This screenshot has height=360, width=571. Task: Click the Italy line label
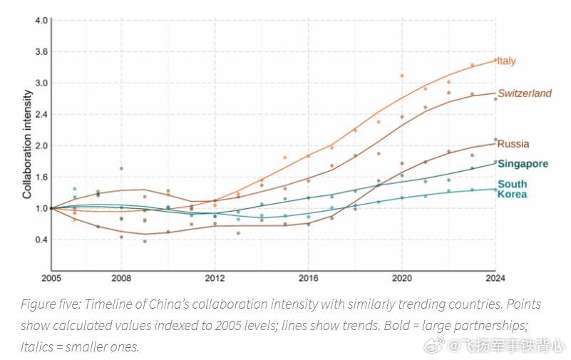tap(507, 61)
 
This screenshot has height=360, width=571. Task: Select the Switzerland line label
tap(525, 93)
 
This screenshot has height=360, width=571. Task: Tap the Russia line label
tap(513, 144)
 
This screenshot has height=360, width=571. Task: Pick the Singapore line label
tap(523, 164)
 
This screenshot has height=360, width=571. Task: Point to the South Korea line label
tap(512, 189)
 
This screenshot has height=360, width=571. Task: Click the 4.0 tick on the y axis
tap(41, 21)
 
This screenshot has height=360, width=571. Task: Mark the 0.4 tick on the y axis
tap(41, 240)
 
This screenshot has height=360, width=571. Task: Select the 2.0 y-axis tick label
tap(41, 145)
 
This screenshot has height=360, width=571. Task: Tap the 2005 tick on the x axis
tap(51, 279)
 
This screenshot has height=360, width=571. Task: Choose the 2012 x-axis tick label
tap(215, 279)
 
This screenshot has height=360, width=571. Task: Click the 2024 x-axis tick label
tap(495, 279)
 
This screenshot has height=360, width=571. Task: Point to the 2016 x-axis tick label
tap(309, 279)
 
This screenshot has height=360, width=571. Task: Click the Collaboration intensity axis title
tap(27, 145)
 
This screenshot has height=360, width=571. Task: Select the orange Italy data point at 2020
tap(402, 76)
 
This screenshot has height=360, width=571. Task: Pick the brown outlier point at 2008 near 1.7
tap(121, 168)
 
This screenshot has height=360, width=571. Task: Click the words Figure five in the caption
tap(51, 304)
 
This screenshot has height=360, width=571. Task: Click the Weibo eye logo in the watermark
tap(434, 344)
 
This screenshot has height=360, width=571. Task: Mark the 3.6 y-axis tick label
tap(41, 52)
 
